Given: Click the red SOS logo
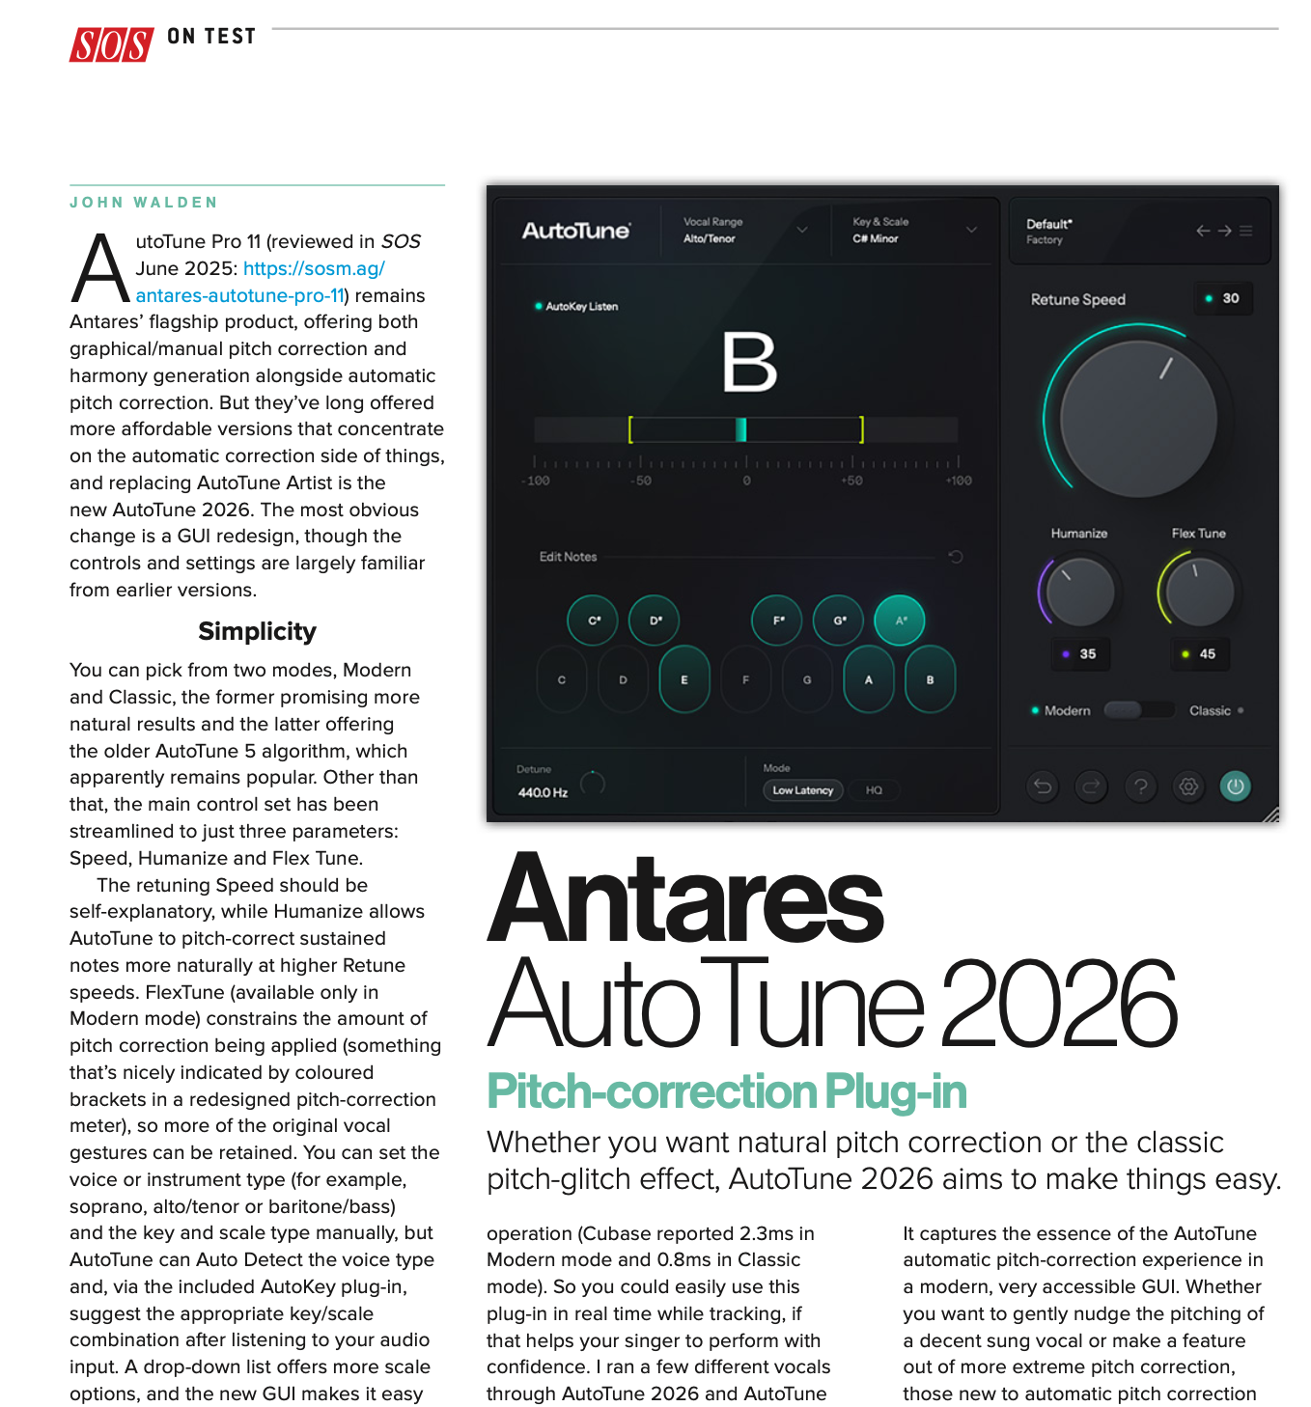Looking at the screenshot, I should point(111,44).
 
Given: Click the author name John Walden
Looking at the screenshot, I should point(144,203).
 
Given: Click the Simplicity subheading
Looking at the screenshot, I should point(257,631).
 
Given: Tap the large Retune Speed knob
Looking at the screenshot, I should point(1138,419).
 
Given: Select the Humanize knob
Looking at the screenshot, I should point(1079,591).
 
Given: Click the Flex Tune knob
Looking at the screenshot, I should point(1199,591).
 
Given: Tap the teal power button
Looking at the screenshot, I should point(1235,786).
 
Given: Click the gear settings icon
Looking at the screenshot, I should point(1188,786).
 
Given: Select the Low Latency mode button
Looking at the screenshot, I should point(802,790).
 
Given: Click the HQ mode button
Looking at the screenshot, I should point(874,790).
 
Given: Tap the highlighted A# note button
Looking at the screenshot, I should point(900,621).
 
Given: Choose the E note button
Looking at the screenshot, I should point(684,679).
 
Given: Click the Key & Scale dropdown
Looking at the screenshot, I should point(913,230).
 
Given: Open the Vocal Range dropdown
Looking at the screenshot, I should point(744,230).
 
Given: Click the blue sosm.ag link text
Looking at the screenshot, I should point(314,268).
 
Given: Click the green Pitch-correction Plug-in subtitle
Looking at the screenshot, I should point(726,1091).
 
